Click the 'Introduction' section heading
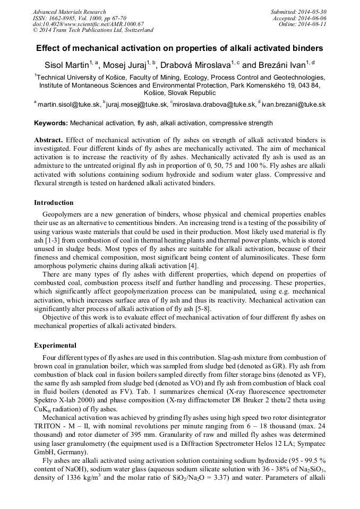(54, 202)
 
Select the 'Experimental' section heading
(55, 346)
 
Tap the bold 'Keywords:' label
(51, 123)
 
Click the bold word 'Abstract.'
(49, 140)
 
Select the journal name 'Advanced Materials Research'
(69, 12)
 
